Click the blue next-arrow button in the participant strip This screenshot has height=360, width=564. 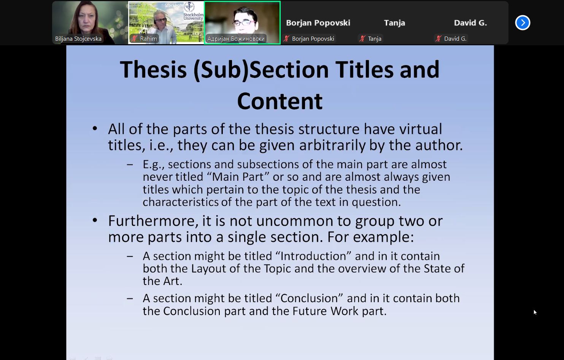[523, 23]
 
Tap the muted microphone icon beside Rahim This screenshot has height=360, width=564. [135, 38]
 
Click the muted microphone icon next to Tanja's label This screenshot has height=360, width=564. [362, 38]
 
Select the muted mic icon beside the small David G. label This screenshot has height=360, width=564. [438, 38]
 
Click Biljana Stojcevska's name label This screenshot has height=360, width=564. [78, 38]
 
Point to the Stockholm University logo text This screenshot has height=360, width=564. [193, 16]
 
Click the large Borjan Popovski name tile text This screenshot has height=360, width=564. [318, 23]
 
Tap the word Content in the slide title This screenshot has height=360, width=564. [280, 101]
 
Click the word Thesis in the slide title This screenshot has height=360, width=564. [153, 69]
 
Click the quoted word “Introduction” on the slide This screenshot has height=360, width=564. [313, 256]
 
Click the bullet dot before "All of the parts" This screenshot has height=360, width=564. [95, 129]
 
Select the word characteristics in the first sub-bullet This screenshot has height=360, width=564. [181, 202]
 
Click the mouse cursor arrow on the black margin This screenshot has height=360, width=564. [535, 312]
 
